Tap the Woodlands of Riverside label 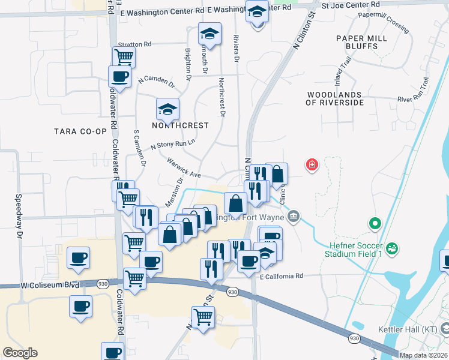tap(334, 98)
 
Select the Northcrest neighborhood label tap(180, 125)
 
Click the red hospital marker tap(312, 164)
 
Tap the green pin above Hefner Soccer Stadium tap(375, 224)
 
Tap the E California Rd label tap(282, 276)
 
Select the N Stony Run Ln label tap(173, 144)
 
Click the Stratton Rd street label tap(134, 44)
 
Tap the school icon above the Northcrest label tap(168, 110)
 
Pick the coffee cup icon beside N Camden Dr tap(119, 77)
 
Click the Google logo tap(20, 353)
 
